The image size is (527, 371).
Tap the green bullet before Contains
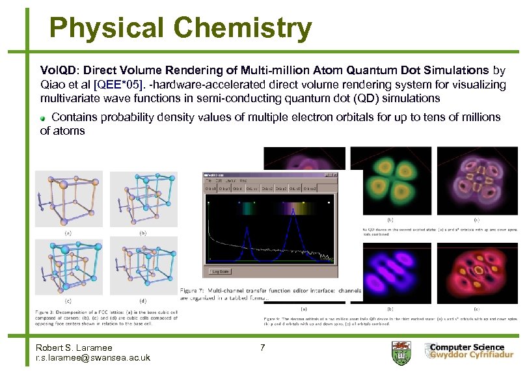pyautogui.click(x=44, y=118)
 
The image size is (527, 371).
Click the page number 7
pyautogui.click(x=262, y=348)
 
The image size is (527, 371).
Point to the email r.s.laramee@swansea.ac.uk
pyautogui.click(x=93, y=357)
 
